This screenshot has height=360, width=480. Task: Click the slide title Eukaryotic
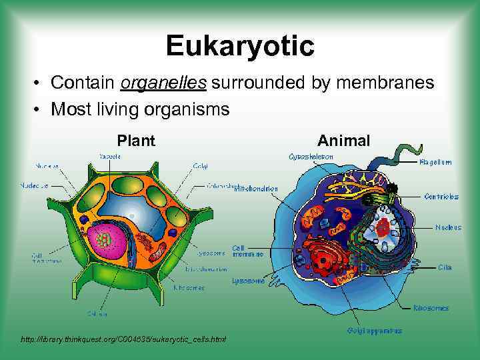(240, 46)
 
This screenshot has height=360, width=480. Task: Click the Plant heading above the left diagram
(136, 141)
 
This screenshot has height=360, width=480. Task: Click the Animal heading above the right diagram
(343, 141)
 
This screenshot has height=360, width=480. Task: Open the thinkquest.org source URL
(123, 339)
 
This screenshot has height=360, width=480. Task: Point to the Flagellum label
(435, 162)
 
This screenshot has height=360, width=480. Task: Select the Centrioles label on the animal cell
(441, 197)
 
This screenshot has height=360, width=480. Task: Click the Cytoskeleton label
(311, 157)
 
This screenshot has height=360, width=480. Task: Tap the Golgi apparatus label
(374, 330)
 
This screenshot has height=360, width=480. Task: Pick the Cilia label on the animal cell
(445, 267)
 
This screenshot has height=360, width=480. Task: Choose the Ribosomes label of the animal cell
(431, 308)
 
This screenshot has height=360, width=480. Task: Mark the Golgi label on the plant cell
(200, 165)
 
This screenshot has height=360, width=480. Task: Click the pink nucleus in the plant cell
(107, 241)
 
